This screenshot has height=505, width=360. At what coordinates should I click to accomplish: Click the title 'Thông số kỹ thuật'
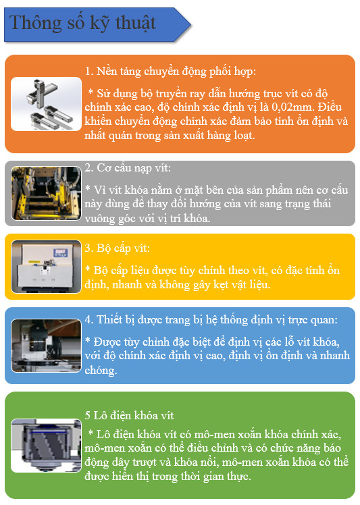82,23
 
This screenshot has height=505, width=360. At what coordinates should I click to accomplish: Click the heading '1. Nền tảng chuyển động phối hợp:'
170,71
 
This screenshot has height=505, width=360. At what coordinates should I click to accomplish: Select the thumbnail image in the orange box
46,104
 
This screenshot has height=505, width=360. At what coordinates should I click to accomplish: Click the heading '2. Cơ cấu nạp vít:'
128,168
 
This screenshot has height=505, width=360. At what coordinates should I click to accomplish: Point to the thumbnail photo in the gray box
46,193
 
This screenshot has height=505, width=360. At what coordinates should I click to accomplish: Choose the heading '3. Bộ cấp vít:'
118,248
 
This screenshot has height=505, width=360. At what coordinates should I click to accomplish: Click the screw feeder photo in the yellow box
46,267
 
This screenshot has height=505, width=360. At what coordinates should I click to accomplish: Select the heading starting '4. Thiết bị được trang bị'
211,320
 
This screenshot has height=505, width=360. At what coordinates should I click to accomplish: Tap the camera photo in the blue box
46,346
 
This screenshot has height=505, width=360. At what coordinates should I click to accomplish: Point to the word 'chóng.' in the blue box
101,371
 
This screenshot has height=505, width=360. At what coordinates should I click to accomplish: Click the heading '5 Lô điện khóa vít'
129,415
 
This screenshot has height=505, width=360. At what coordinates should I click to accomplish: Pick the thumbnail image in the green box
46,446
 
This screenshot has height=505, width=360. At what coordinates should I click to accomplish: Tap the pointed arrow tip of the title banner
190,24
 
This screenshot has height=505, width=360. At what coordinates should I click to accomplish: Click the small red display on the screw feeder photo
60,252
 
